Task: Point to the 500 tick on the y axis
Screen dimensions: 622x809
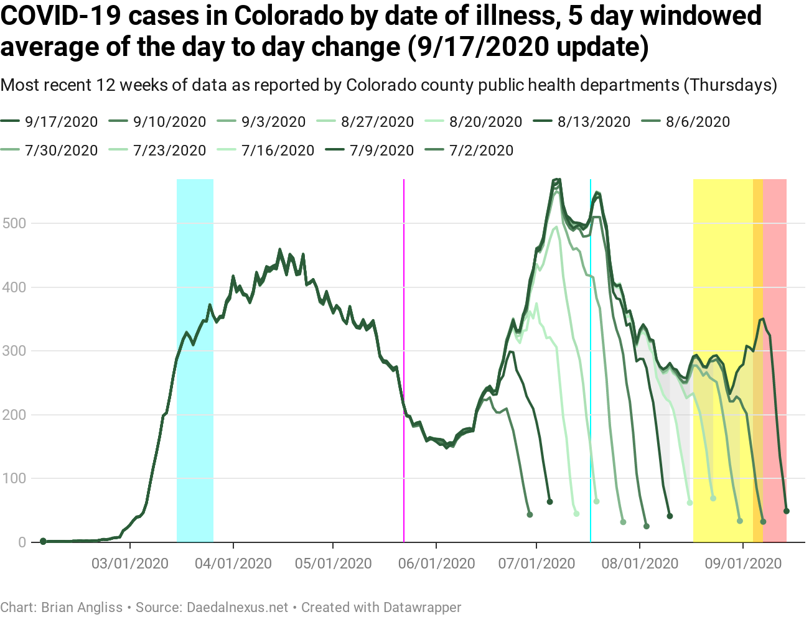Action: (14, 223)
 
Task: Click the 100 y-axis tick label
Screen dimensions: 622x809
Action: (14, 479)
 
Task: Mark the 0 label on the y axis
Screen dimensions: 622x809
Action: (22, 542)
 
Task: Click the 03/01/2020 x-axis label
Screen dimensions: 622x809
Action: (130, 564)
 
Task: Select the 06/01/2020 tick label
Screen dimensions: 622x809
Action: (436, 564)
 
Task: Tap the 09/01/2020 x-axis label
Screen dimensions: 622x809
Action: (743, 564)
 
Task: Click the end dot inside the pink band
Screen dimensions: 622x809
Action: (787, 511)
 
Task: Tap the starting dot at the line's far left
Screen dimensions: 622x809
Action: (43, 541)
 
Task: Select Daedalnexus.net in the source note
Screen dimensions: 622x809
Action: (238, 608)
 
